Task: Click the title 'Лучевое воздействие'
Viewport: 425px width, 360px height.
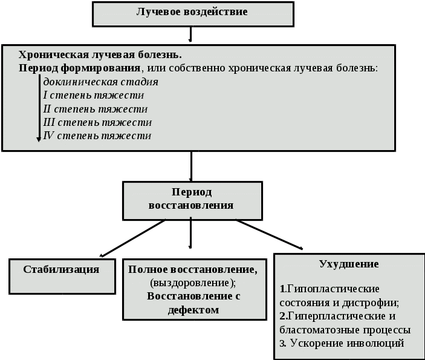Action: pyautogui.click(x=193, y=11)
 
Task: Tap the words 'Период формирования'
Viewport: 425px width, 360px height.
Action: pyautogui.click(x=79, y=68)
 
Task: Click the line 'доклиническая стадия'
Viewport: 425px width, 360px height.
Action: pyautogui.click(x=100, y=82)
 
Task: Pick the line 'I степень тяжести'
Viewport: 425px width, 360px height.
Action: pyautogui.click(x=93, y=95)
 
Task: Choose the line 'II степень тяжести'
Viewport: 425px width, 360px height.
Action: pyautogui.click(x=96, y=109)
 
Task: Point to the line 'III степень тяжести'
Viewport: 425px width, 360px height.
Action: pyautogui.click(x=97, y=122)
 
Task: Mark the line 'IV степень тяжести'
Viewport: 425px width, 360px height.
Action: pyautogui.click(x=97, y=136)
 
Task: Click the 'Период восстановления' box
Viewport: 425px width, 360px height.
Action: pyautogui.click(x=192, y=199)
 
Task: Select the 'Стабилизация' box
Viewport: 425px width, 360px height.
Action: pyautogui.click(x=62, y=270)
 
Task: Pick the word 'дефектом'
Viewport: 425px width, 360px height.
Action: pyautogui.click(x=193, y=310)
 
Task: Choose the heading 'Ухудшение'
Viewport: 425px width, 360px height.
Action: pyautogui.click(x=349, y=264)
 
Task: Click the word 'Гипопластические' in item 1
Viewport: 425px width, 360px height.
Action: pyautogui.click(x=333, y=287)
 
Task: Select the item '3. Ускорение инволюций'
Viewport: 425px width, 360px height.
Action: pyautogui.click(x=342, y=344)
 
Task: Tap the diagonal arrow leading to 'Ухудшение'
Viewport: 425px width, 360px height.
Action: pyautogui.click(x=269, y=234)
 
